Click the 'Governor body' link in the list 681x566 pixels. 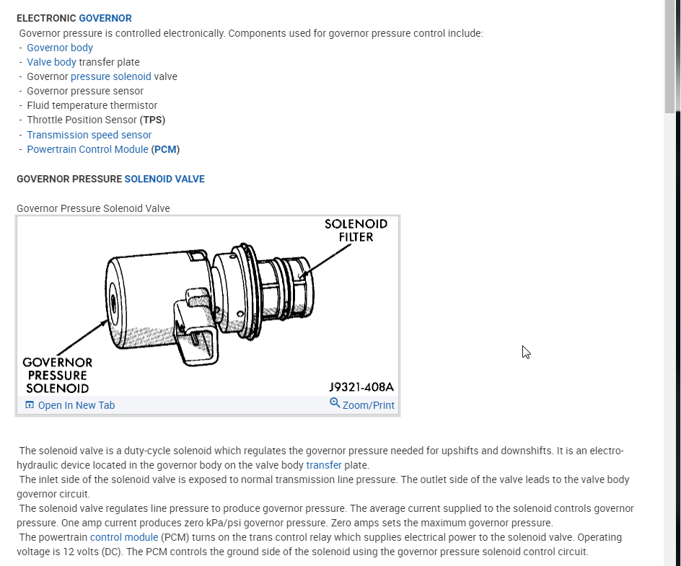point(60,48)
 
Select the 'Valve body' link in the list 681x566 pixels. point(51,62)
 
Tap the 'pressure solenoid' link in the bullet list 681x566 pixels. point(111,76)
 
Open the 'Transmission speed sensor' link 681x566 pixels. point(89,135)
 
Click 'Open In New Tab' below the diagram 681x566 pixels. point(76,405)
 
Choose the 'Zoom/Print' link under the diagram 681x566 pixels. point(368,405)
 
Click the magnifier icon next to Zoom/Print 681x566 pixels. point(335,403)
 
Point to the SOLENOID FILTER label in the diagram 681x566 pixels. point(356,230)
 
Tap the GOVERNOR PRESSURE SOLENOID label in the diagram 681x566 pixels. point(58,375)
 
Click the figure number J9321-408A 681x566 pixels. point(361,387)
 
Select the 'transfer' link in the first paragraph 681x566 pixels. point(324,465)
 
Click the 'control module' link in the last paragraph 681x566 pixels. point(123,537)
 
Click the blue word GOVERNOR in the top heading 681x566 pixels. point(105,17)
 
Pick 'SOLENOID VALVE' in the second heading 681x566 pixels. point(164,179)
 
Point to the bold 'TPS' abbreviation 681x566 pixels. point(153,120)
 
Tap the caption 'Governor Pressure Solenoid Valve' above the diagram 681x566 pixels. point(93,208)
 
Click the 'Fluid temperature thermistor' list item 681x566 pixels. point(92,105)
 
